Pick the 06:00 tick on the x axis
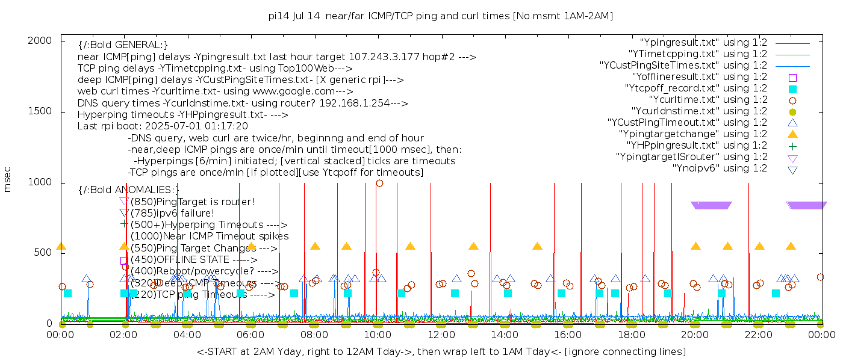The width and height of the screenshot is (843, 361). pyautogui.click(x=250, y=334)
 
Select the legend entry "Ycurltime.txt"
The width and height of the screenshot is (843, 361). pyautogui.click(x=708, y=100)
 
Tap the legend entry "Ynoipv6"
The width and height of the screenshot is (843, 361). pyautogui.click(x=720, y=168)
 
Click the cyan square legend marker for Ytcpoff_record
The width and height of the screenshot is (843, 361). pyautogui.click(x=792, y=89)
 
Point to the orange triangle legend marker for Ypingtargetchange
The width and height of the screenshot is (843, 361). pyautogui.click(x=792, y=134)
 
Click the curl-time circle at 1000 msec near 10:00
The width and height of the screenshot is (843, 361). pyautogui.click(x=379, y=184)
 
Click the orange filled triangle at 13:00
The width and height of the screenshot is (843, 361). pyautogui.click(x=473, y=246)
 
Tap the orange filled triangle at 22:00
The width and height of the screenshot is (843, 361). pyautogui.click(x=759, y=246)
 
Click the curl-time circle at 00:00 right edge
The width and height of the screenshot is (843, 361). pyautogui.click(x=820, y=277)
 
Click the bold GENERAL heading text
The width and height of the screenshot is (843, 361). pyautogui.click(x=123, y=45)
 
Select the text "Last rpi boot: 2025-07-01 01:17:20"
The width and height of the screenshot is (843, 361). pyautogui.click(x=163, y=126)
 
